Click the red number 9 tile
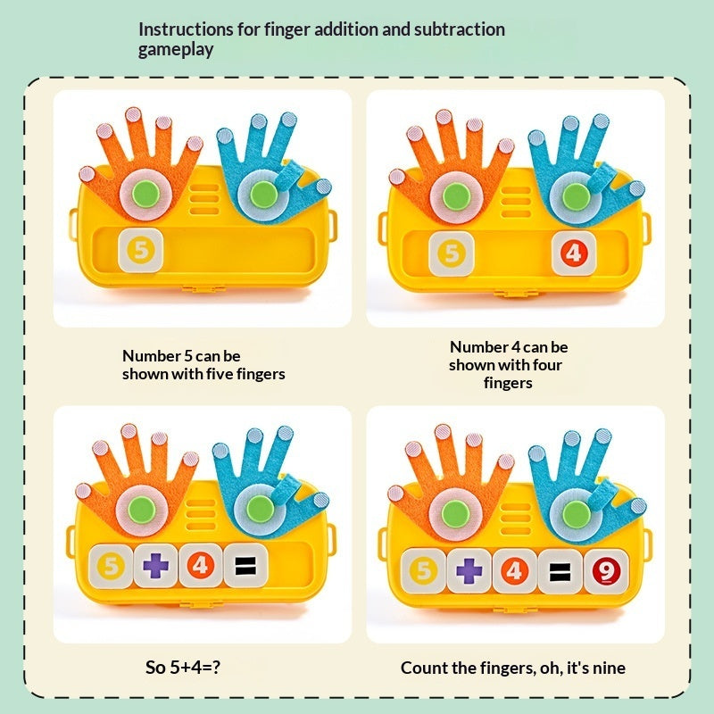coord(606,571)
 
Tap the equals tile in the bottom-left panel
coord(246,566)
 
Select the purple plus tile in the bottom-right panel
coord(469,571)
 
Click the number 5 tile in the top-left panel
coord(141,251)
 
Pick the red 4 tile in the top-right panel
coord(574,253)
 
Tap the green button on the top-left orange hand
coord(145,194)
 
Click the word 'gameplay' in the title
coord(176,50)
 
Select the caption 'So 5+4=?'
coord(183,667)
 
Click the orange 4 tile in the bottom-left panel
coord(200,566)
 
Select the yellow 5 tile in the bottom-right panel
coord(423,571)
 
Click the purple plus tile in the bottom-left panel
coord(155,566)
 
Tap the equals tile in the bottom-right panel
coord(560,571)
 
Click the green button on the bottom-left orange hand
coord(142,510)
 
